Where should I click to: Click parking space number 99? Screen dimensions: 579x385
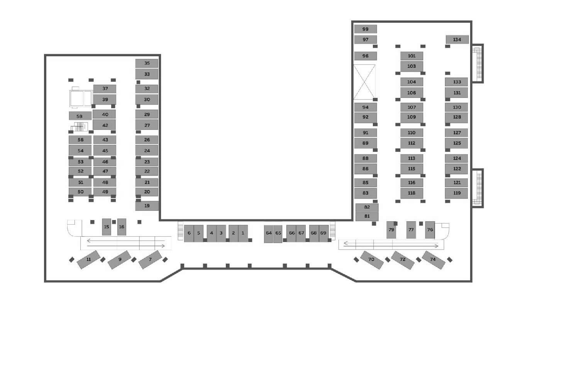(x=365, y=29)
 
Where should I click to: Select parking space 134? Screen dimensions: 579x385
(x=457, y=39)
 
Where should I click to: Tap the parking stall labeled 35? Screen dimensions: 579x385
(x=147, y=63)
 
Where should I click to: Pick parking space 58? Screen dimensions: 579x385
(x=80, y=116)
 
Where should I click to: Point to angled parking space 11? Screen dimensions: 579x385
(x=88, y=260)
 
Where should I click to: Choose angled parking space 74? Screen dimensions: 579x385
(x=433, y=260)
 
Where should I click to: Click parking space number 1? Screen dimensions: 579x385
(x=243, y=233)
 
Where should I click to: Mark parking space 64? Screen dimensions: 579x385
(x=269, y=234)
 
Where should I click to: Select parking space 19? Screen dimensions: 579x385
(x=147, y=206)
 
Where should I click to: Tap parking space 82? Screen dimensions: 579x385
(x=367, y=207)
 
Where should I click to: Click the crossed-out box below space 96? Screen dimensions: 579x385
(x=364, y=82)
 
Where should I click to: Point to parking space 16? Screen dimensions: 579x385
(x=122, y=227)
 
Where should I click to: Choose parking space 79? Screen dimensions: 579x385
(x=391, y=230)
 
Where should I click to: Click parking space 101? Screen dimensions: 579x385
(x=412, y=56)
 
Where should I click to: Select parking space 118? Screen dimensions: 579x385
(x=412, y=193)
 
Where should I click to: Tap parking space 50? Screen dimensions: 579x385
(x=80, y=192)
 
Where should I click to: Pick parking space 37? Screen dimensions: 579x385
(x=105, y=89)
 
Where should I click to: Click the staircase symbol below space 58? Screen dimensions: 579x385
(x=80, y=127)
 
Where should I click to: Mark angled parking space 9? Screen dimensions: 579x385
(x=119, y=260)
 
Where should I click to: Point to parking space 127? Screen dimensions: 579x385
(x=457, y=133)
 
